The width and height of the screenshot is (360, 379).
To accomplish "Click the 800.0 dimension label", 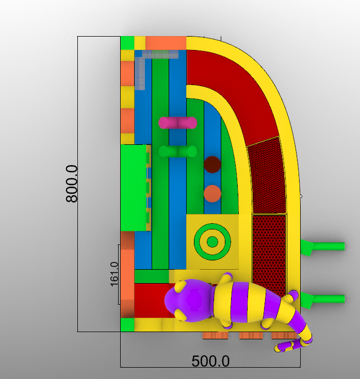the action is (72, 184).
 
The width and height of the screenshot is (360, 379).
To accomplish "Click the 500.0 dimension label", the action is (210, 361).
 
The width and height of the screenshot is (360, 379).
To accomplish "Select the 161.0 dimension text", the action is (114, 274).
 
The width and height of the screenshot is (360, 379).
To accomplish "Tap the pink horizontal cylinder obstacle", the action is (178, 123).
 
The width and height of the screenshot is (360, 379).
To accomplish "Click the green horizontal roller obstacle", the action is (178, 152).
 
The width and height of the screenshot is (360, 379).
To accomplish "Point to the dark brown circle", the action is (212, 164).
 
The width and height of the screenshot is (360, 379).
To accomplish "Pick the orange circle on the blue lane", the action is (212, 193).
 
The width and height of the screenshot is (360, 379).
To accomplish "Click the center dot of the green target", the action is (212, 242).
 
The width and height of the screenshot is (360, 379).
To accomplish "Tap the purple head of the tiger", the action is (189, 301).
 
